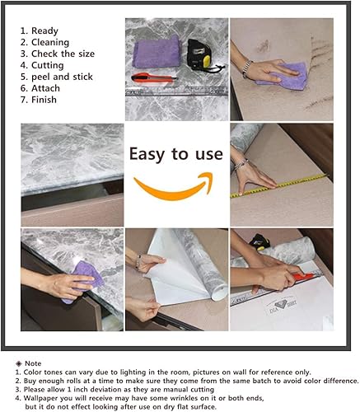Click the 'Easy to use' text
[x=176, y=154]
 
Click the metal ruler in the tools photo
[x=177, y=91]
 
